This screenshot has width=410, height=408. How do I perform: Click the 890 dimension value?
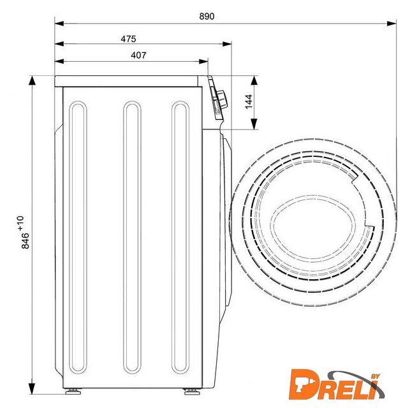tap(207, 17)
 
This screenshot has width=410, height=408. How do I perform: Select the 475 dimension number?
tap(128, 39)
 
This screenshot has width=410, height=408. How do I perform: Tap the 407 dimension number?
tap(138, 55)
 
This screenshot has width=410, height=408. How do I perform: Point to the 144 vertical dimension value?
tap(249, 101)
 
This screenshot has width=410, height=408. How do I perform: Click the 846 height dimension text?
tap(26, 241)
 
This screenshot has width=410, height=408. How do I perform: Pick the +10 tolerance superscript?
tap(20, 224)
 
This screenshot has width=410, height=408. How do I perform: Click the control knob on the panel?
tap(222, 99)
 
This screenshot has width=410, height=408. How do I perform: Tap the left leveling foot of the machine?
tap(73, 391)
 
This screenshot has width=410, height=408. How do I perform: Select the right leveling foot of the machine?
tap(192, 391)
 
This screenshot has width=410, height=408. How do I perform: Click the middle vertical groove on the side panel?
tap(132, 237)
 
